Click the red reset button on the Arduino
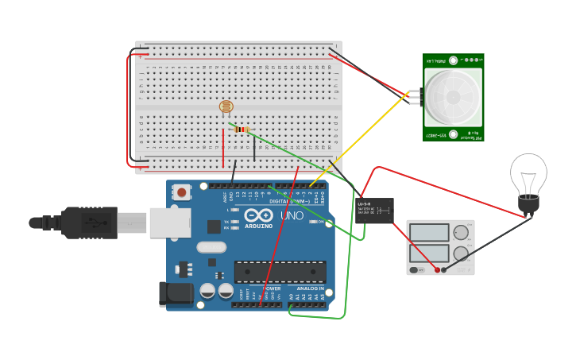click(183, 192)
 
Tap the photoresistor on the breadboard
click(226, 106)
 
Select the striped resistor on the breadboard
click(242, 130)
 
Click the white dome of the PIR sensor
click(453, 97)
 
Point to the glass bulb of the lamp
click(528, 173)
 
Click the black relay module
click(375, 211)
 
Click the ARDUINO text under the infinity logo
click(259, 226)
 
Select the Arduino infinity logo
click(259, 215)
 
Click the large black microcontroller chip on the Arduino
click(280, 272)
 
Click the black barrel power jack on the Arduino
click(176, 293)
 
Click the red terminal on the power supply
click(435, 270)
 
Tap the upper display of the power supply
click(429, 233)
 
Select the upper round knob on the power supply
click(461, 233)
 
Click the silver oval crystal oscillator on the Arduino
click(211, 247)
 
